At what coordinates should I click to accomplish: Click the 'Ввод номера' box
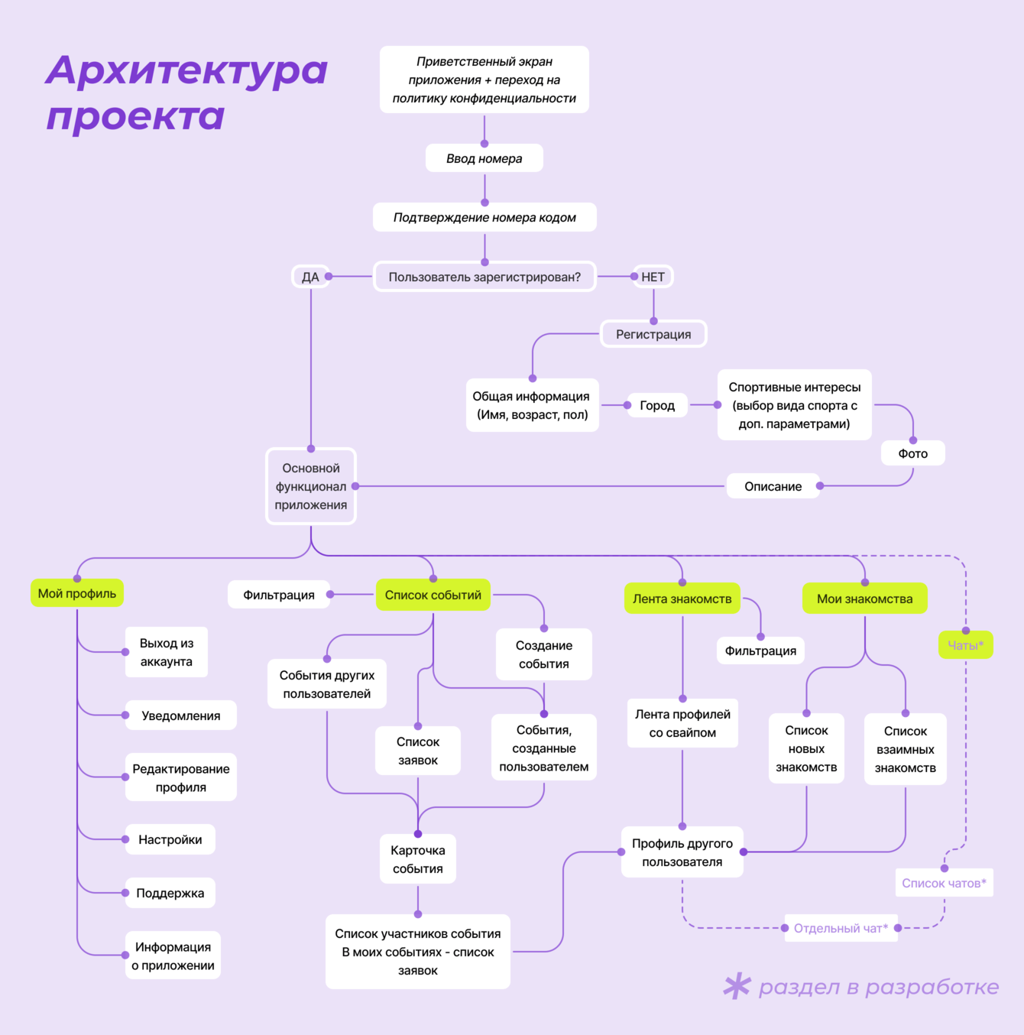click(x=484, y=158)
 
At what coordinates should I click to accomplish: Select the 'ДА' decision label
click(x=310, y=277)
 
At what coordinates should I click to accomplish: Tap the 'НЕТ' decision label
click(x=653, y=277)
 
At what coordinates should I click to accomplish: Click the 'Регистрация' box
click(x=653, y=334)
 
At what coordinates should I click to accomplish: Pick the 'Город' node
click(x=657, y=405)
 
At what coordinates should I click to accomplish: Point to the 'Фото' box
click(x=912, y=453)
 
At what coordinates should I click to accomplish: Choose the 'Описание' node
click(x=773, y=486)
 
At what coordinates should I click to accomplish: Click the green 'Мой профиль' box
click(x=77, y=593)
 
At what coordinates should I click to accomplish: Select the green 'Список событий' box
click(x=433, y=595)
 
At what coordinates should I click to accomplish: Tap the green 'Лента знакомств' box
click(x=682, y=599)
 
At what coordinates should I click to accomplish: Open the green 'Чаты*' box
click(x=965, y=645)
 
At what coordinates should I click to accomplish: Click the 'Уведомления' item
click(x=181, y=715)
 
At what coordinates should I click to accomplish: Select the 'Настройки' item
click(x=170, y=839)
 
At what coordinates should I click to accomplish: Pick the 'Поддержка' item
click(x=170, y=893)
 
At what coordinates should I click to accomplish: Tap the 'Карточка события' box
click(x=418, y=859)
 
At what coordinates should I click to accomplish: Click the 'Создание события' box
click(x=544, y=654)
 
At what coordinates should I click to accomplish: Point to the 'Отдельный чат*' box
click(x=841, y=928)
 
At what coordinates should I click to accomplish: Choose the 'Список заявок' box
click(x=418, y=751)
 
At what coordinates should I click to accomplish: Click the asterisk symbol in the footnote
click(x=737, y=986)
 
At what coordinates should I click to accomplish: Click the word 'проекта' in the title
click(x=136, y=116)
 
